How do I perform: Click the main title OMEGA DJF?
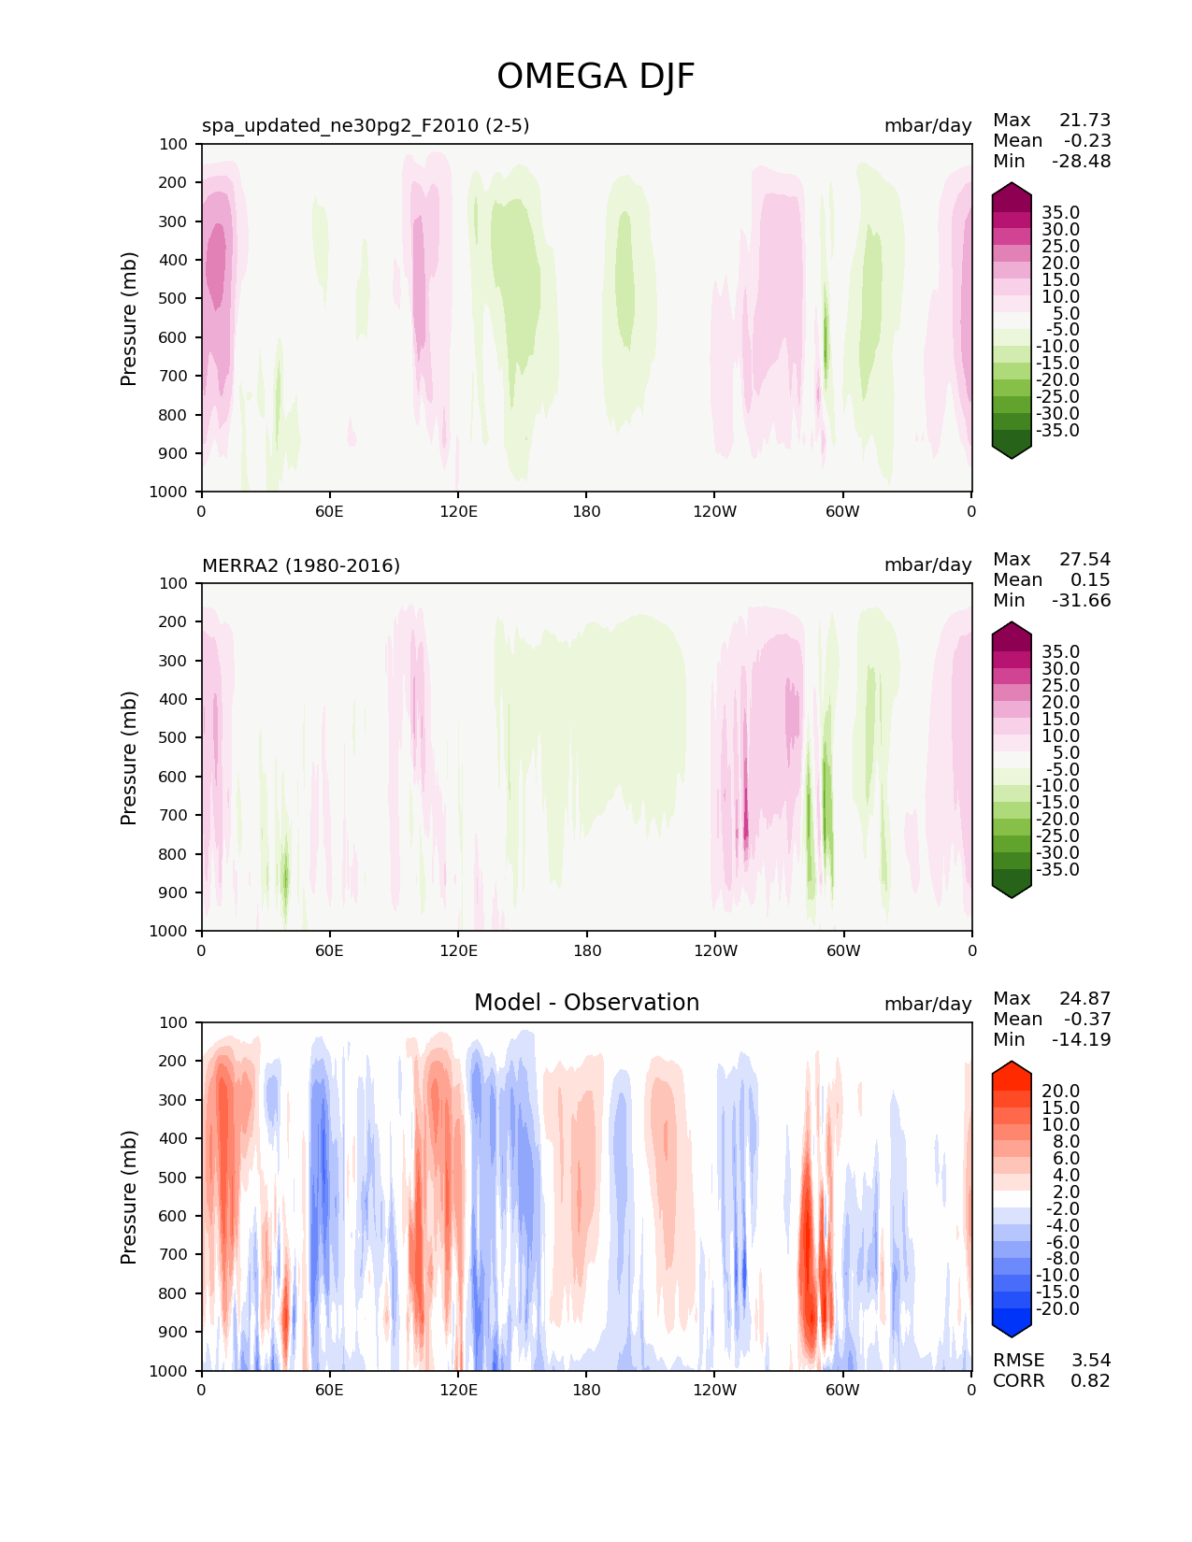(595, 76)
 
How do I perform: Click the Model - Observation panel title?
(586, 1002)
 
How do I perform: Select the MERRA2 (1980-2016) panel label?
(301, 565)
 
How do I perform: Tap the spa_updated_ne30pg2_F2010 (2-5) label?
(366, 125)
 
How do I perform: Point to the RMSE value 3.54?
(1090, 1360)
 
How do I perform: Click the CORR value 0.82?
(1090, 1380)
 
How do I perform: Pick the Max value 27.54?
(1084, 559)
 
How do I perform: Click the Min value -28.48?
(1082, 161)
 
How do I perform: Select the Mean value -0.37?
(1087, 1019)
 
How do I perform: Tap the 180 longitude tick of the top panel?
(585, 511)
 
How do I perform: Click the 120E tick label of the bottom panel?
(458, 1390)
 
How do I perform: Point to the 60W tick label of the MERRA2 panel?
(842, 950)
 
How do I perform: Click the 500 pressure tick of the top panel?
(173, 299)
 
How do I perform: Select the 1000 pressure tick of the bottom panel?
(168, 1371)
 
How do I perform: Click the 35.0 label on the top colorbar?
(1060, 213)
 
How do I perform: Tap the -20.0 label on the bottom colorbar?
(1057, 1308)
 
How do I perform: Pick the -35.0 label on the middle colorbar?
(1057, 869)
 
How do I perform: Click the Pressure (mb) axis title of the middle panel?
(128, 757)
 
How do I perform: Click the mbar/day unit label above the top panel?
(927, 125)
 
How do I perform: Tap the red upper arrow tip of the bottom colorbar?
(1011, 1062)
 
